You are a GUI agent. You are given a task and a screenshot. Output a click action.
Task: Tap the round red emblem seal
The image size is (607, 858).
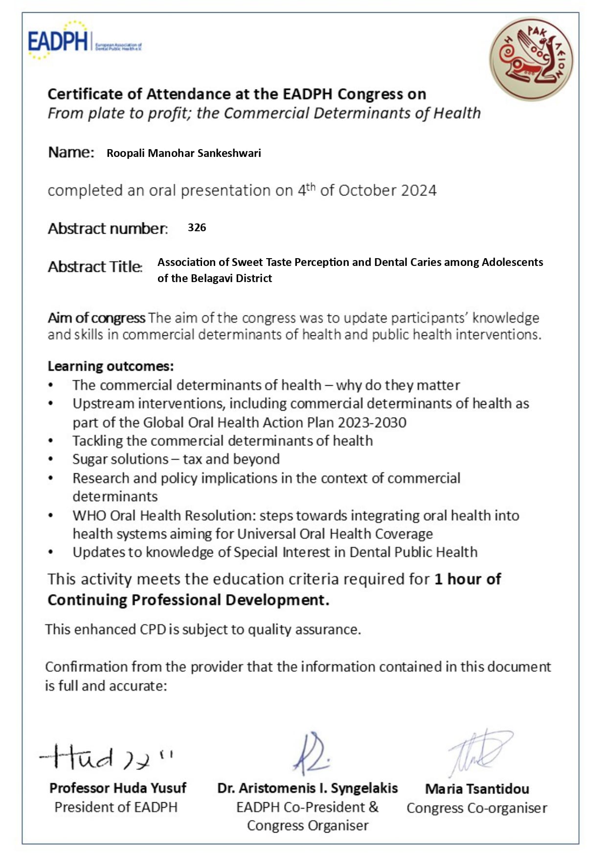531,59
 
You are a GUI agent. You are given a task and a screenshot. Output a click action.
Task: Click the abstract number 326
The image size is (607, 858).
197,228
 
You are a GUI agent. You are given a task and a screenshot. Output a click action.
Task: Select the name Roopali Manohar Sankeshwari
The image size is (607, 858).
183,154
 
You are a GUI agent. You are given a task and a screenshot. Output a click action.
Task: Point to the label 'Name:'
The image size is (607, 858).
71,153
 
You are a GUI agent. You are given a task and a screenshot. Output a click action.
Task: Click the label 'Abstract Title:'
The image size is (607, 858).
95,267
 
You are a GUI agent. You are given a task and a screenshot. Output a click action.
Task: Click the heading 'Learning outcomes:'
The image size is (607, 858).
111,366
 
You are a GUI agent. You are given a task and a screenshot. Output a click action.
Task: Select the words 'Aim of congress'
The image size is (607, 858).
96,318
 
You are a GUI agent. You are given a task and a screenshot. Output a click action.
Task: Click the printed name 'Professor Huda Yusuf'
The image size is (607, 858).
118,788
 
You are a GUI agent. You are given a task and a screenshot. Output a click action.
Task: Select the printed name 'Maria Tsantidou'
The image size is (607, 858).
477,789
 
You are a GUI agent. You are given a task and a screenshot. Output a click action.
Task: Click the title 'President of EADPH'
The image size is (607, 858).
116,807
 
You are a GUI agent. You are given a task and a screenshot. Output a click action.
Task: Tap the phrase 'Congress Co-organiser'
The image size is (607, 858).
477,808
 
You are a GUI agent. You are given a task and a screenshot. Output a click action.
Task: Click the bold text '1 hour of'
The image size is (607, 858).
468,579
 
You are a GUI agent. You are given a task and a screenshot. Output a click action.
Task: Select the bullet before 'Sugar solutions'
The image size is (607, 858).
51,460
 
